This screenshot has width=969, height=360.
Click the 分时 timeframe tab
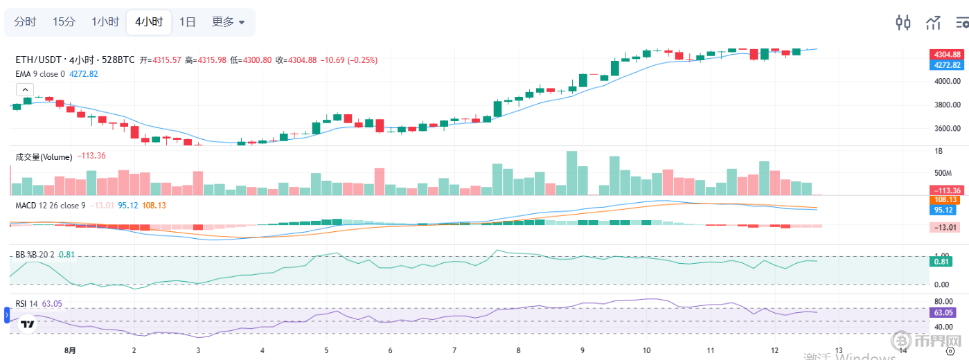tap(25, 22)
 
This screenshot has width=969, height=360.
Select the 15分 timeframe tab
tap(64, 22)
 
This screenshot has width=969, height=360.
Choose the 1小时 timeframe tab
tap(105, 22)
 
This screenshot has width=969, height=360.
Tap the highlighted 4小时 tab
tap(149, 22)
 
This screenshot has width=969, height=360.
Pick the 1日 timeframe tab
tap(187, 22)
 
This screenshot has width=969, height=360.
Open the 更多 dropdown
tap(228, 22)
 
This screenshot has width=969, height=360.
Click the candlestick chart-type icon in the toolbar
tap(903, 22)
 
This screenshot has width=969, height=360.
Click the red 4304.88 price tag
tap(947, 55)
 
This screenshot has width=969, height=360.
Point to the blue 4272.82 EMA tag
tap(947, 65)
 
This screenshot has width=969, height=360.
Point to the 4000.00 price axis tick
tap(947, 82)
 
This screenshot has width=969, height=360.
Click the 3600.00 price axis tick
tap(947, 129)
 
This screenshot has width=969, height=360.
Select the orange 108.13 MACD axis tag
tap(947, 199)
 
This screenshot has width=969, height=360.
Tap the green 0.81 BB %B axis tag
tap(942, 261)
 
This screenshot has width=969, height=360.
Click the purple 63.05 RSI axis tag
tap(942, 313)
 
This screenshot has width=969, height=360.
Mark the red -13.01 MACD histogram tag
tap(947, 227)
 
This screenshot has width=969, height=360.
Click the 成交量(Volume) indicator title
tap(44, 157)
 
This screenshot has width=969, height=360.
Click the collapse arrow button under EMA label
tap(24, 89)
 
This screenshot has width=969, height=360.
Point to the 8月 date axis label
tap(70, 351)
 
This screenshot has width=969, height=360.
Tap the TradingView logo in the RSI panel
tap(28, 323)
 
